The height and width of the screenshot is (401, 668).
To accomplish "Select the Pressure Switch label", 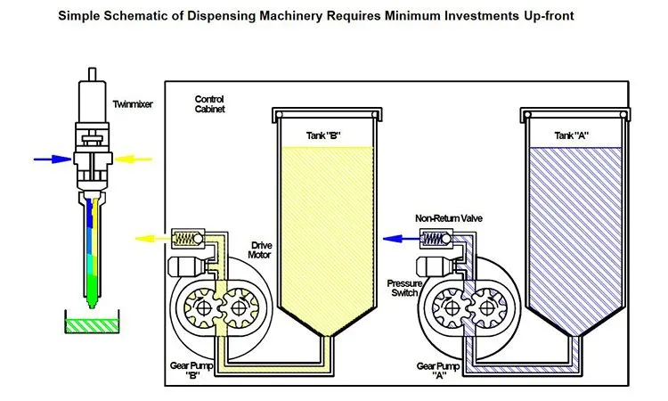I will click(398, 289).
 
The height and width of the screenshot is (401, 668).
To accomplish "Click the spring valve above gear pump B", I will click(188, 238).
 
